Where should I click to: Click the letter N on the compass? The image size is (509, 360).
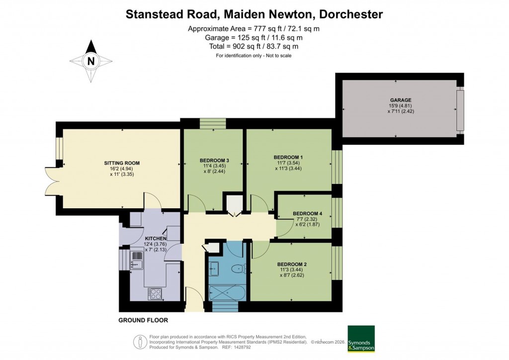pos(90,62)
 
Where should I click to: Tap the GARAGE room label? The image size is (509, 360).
pos(400,100)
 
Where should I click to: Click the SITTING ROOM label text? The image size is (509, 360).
pos(122,163)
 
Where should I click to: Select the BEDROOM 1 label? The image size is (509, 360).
pos(289,157)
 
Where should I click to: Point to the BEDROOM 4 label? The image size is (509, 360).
pos(307,213)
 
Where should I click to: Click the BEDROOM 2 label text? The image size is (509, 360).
pos(292,264)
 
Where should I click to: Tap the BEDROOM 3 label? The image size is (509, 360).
pos(214,160)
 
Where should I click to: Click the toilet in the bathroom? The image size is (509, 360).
pos(239,269)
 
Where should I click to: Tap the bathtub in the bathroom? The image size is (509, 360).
pos(227,293)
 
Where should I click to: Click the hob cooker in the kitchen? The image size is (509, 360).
pos(155,294)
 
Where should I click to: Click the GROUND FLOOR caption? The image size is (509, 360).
pos(143,320)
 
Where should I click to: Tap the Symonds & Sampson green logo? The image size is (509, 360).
pos(361,339)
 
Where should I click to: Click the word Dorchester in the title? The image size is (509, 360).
pos(350,14)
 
